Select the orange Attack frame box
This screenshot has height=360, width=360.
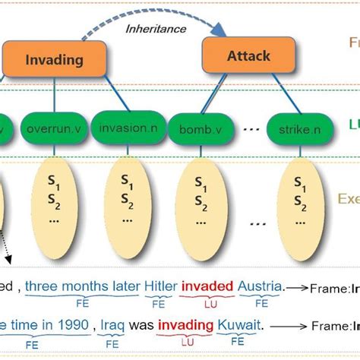238,55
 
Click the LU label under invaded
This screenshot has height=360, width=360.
205,302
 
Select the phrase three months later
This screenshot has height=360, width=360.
81,286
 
